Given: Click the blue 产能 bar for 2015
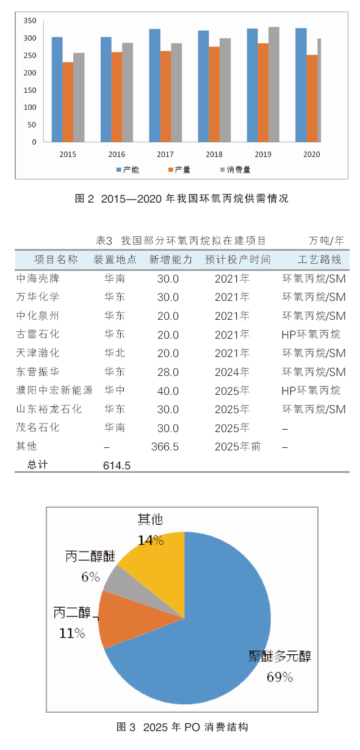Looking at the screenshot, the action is pyautogui.click(x=57, y=89).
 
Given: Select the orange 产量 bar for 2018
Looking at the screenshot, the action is pyautogui.click(x=214, y=95).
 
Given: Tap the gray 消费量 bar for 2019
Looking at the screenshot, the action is pyautogui.click(x=274, y=84).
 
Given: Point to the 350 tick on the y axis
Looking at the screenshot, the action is pyautogui.click(x=30, y=21).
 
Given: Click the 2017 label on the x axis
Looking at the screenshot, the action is pyautogui.click(x=165, y=154).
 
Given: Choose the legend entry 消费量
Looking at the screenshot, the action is pyautogui.click(x=236, y=170).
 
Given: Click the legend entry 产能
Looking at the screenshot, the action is pyautogui.click(x=128, y=170).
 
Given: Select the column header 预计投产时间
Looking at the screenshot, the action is pyautogui.click(x=238, y=259).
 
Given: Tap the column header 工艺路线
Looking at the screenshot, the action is pyautogui.click(x=320, y=259).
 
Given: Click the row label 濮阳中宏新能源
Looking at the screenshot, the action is pyautogui.click(x=54, y=390).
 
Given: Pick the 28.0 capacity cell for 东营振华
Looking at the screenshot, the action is pyautogui.click(x=168, y=372).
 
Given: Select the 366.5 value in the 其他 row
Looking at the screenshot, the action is pyautogui.click(x=165, y=447).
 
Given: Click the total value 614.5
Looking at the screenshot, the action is pyautogui.click(x=117, y=466).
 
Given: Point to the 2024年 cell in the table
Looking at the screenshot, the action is pyautogui.click(x=232, y=372).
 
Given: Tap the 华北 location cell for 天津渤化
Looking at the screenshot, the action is pyautogui.click(x=115, y=353).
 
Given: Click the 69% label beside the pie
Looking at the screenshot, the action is pyautogui.click(x=279, y=677).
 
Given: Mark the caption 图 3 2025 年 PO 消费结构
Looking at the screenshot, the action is pyautogui.click(x=182, y=727).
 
